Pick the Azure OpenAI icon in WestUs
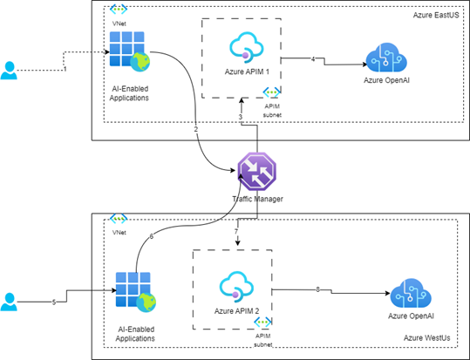[x=411, y=293]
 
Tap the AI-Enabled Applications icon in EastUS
[x=127, y=54]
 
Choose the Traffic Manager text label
[x=255, y=200]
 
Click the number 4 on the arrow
[x=313, y=58]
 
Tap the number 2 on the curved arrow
[x=195, y=129]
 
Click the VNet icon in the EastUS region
[x=119, y=10]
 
